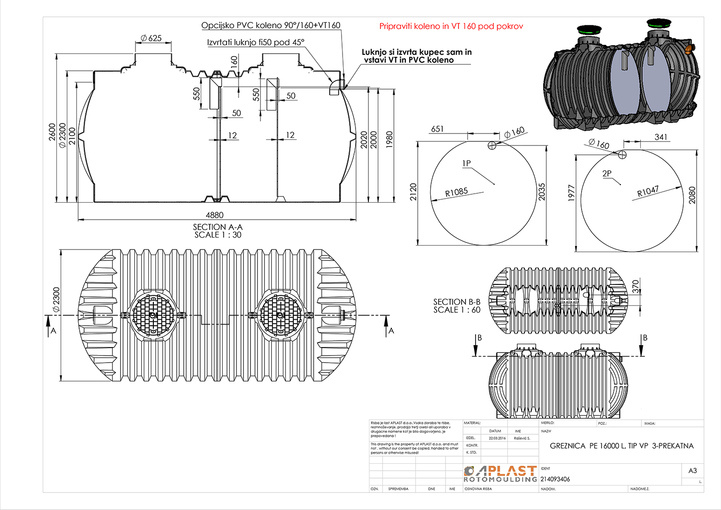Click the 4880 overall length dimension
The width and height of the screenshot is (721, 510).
pyautogui.click(x=215, y=215)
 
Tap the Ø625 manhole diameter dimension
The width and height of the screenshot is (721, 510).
pyautogui.click(x=151, y=38)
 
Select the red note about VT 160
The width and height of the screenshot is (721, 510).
pyautogui.click(x=451, y=26)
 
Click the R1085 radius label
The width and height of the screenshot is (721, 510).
pyautogui.click(x=457, y=192)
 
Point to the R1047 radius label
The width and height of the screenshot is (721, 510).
pyautogui.click(x=648, y=191)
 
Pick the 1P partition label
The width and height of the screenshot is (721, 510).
pyautogui.click(x=466, y=163)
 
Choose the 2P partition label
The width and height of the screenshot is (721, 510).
pyautogui.click(x=606, y=174)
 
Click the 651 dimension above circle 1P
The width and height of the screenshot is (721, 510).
pyautogui.click(x=437, y=129)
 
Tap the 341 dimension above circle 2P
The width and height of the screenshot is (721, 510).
pyautogui.click(x=661, y=137)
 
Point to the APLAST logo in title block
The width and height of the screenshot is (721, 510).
pyautogui.click(x=500, y=474)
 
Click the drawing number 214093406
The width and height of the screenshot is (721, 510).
pyautogui.click(x=555, y=479)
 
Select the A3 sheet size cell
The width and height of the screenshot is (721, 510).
pyautogui.click(x=692, y=471)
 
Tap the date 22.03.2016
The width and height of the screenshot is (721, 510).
pyautogui.click(x=497, y=438)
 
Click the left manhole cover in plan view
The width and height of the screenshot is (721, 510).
pyautogui.click(x=153, y=315)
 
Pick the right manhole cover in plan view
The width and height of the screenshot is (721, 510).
pyautogui.click(x=280, y=315)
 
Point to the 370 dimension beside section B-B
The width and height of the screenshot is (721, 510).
pyautogui.click(x=635, y=286)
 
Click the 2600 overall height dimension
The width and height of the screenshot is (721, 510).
pyautogui.click(x=52, y=132)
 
